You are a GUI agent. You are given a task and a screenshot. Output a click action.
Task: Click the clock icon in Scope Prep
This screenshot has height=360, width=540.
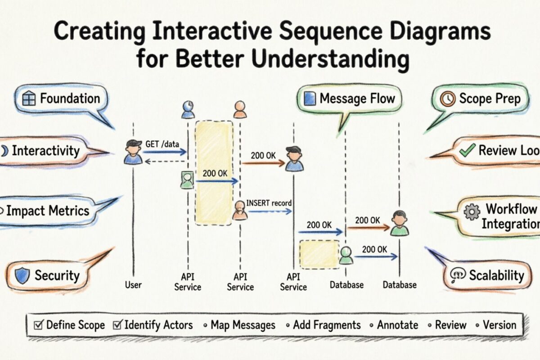click(448, 99)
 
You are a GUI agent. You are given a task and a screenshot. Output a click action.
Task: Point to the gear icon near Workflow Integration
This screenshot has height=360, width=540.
click(472, 211)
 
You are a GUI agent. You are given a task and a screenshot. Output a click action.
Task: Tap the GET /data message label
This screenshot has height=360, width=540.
click(162, 144)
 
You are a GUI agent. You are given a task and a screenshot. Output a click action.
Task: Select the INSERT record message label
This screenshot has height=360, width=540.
click(269, 203)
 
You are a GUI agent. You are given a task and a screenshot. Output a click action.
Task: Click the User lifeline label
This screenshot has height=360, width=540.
click(133, 285)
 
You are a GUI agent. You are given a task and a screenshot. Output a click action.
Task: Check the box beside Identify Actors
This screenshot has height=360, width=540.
click(117, 325)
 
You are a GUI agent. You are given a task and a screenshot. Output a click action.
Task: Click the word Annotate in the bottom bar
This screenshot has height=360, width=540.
click(397, 325)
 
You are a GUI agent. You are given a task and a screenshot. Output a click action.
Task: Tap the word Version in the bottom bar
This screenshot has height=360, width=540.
click(499, 325)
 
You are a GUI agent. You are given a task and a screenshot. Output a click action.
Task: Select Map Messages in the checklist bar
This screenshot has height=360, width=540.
click(243, 325)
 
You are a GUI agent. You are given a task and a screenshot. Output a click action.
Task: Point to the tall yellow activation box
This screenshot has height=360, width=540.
click(214, 173)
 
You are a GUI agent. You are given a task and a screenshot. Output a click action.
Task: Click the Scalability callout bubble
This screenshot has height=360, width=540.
click(490, 275)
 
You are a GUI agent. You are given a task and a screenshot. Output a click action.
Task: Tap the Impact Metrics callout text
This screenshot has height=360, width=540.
click(47, 211)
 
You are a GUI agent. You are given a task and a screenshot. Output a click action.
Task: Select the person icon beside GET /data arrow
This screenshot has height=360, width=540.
click(133, 152)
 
